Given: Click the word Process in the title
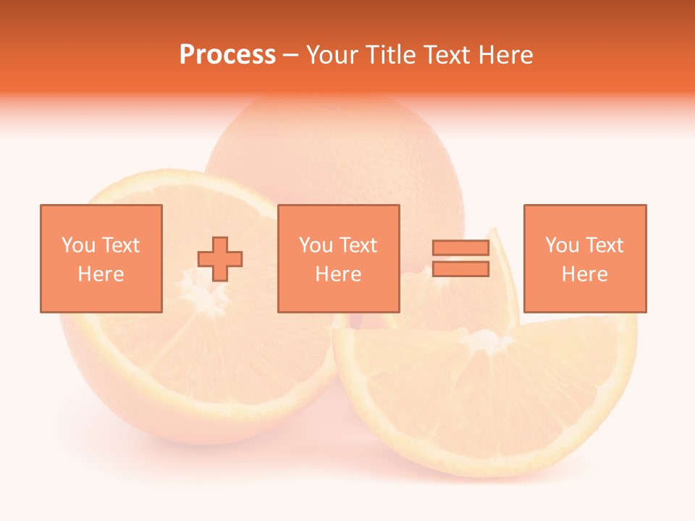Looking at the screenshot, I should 227,55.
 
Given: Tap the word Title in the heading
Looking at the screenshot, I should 391,55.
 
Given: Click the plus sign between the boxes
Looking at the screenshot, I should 220,259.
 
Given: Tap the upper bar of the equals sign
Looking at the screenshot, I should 460,247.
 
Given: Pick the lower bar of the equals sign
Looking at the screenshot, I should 460,269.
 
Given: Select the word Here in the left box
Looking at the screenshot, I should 101,274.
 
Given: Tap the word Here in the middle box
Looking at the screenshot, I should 338,274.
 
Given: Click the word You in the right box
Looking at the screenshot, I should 562,245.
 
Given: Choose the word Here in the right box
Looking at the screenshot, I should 584,274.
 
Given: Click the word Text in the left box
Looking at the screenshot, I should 119,245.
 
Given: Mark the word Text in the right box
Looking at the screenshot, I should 604,245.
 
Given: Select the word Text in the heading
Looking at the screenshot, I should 447,55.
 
